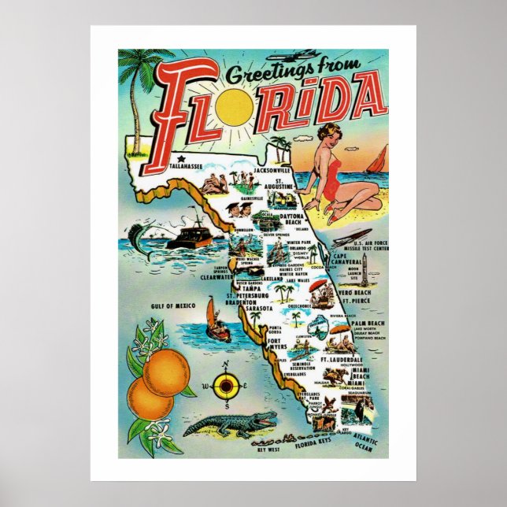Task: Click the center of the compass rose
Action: (x=226, y=386)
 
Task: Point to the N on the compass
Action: (x=226, y=365)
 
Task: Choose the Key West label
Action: (x=269, y=450)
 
